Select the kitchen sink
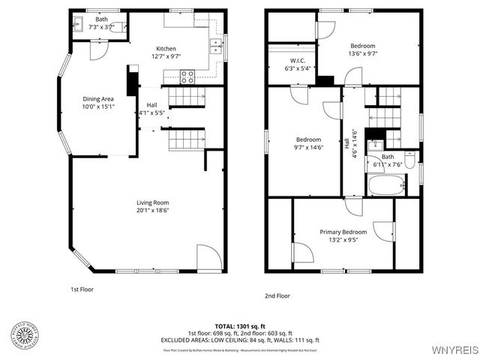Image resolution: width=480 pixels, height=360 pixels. (x=215, y=46)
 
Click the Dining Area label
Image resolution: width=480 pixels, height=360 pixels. (x=97, y=98)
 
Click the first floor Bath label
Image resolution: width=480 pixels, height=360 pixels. (x=101, y=19)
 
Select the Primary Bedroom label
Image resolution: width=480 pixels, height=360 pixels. (x=343, y=232)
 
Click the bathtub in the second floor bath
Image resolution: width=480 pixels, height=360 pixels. (x=385, y=184)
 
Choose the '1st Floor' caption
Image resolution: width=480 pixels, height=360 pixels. (x=82, y=288)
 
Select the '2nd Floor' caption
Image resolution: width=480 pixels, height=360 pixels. (x=277, y=295)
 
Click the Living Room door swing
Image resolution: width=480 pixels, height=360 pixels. (x=208, y=256)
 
